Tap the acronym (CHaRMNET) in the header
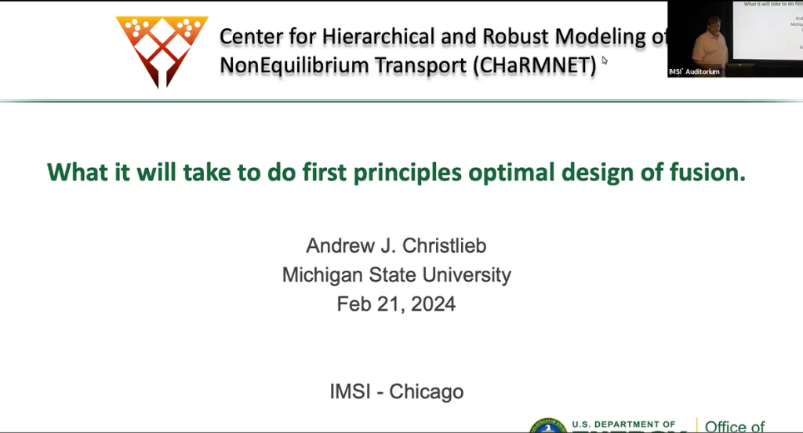(534, 66)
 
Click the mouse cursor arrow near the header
(605, 60)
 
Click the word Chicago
(426, 391)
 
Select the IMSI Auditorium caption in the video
(694, 71)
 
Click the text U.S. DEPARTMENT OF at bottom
(623, 424)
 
